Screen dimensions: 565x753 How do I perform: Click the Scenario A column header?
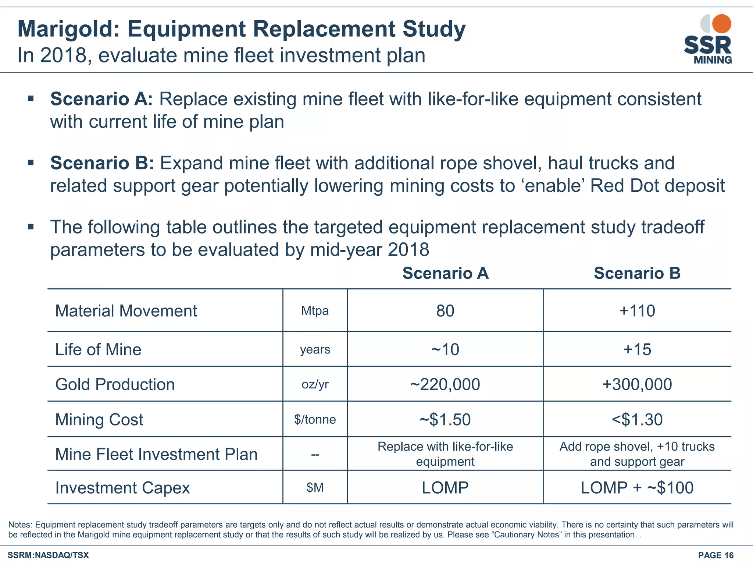pos(445,273)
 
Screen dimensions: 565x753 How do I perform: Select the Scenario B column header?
pos(637,273)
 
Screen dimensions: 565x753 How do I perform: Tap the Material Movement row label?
pos(126,311)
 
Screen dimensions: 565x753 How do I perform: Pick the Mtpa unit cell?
pos(315,311)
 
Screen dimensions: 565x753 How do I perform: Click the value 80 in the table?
pos(445,311)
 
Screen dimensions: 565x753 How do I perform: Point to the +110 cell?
pos(637,311)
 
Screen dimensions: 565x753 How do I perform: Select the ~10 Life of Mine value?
pos(445,349)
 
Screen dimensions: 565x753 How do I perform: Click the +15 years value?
pos(637,349)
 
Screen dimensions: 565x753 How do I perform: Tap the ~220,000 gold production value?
pos(445,384)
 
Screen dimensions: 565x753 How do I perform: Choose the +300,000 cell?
pos(637,384)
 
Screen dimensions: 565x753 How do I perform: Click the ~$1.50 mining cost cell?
pos(445,420)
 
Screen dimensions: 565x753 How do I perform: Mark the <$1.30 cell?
pos(637,420)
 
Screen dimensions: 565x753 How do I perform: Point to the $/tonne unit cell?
pos(315,420)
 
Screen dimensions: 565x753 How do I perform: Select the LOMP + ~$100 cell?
pos(637,488)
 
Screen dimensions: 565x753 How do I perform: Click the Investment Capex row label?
pos(122,488)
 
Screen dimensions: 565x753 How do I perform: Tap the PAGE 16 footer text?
pos(715,555)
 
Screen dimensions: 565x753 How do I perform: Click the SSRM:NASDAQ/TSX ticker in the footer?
pos(48,555)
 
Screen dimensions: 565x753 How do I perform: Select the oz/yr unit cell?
pos(315,384)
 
